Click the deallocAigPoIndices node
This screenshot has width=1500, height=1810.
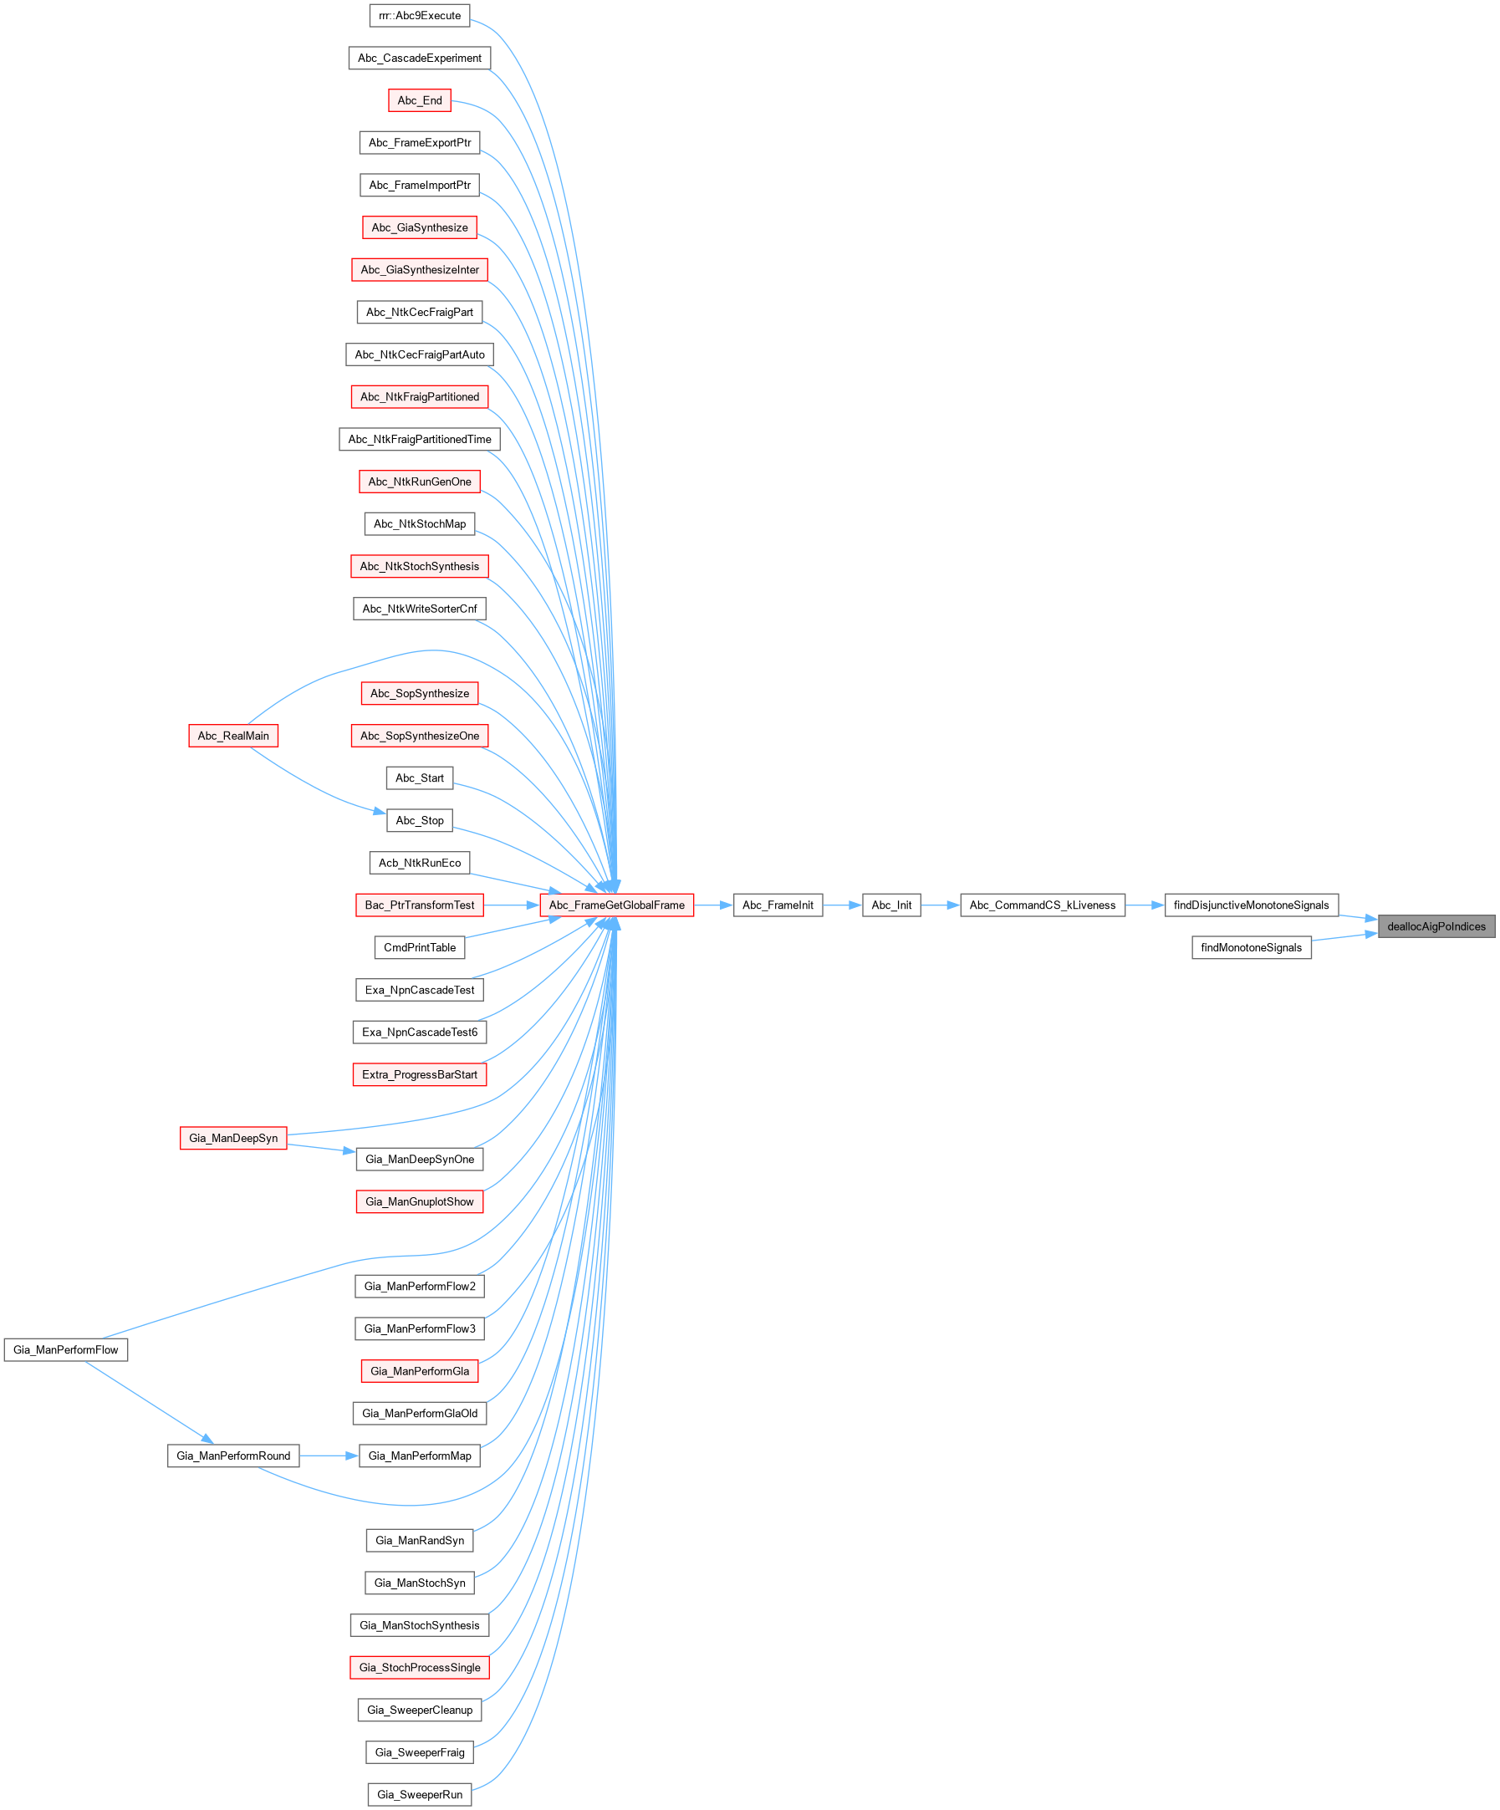pos(1436,926)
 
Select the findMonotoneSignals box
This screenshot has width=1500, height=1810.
pos(1251,947)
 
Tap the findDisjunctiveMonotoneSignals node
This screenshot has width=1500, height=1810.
pos(1251,905)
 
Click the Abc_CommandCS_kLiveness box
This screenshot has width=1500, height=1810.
pos(1043,905)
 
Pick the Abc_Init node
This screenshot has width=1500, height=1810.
pos(891,905)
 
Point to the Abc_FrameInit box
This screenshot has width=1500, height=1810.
pos(778,905)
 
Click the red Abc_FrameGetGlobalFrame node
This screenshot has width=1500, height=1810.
pos(616,905)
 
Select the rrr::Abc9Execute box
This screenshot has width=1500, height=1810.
pos(420,16)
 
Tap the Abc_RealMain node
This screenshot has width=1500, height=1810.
pos(233,735)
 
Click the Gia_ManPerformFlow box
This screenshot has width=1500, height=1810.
pos(65,1349)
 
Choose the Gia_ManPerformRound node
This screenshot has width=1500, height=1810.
pos(233,1456)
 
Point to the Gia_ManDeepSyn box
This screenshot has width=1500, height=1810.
pos(233,1138)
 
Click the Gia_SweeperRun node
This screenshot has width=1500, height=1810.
pos(420,1794)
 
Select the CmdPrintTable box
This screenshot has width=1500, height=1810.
pos(420,947)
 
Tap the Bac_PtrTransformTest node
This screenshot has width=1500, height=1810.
pos(420,905)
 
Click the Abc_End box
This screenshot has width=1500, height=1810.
pos(420,100)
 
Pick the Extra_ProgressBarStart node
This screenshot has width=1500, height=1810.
pos(420,1074)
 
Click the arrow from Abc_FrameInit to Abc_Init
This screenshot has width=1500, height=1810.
pos(842,905)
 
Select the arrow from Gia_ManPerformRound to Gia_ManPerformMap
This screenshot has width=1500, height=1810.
pos(329,1456)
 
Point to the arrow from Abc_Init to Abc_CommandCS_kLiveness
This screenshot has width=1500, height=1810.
pos(941,905)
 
